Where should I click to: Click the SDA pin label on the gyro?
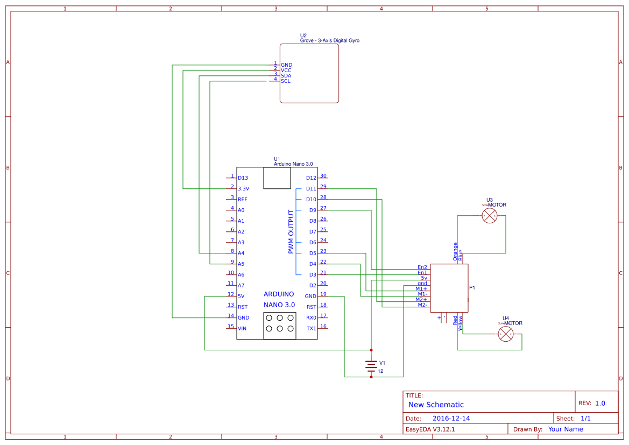point(286,76)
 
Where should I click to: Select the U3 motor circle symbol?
point(490,216)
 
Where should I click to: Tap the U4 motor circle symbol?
point(506,334)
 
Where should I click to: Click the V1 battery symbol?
point(371,366)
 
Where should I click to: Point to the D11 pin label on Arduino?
point(311,189)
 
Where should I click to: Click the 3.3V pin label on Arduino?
point(244,189)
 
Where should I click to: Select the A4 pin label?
point(241,253)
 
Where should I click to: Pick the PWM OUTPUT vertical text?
point(291,232)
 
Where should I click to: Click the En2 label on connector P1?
point(422,267)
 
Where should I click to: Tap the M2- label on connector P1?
point(422,305)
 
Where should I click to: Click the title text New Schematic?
point(436,405)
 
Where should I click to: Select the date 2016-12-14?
point(451,418)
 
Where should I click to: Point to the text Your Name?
point(566,429)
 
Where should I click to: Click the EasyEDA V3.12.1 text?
point(430,429)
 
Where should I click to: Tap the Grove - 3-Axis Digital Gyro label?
point(329,41)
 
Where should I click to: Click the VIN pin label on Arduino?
point(242,329)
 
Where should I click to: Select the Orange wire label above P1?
point(455,251)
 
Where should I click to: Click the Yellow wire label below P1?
point(461,322)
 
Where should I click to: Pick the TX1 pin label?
point(312,329)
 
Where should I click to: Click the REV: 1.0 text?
point(591,403)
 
